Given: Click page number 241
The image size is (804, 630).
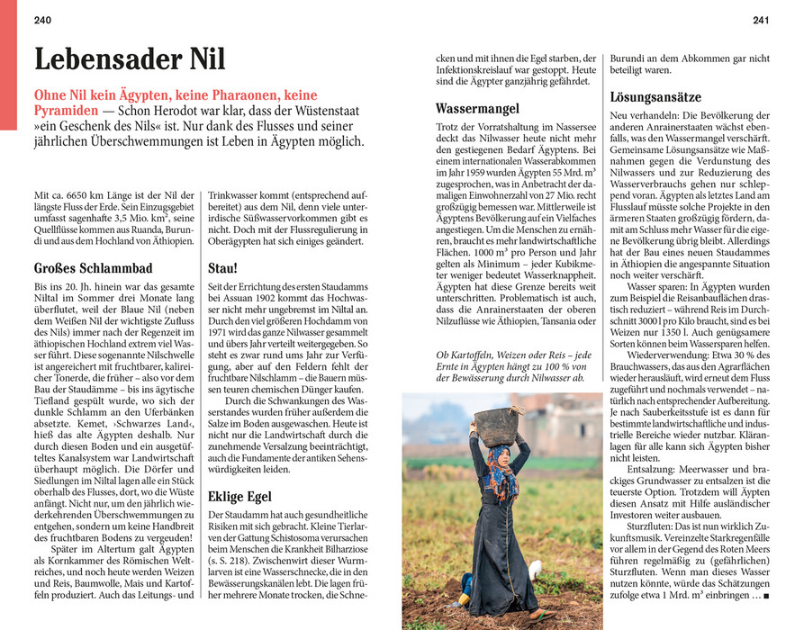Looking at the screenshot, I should point(761,20).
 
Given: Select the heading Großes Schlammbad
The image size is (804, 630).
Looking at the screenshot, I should point(93,267).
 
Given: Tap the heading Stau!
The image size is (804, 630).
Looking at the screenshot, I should point(222,267).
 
